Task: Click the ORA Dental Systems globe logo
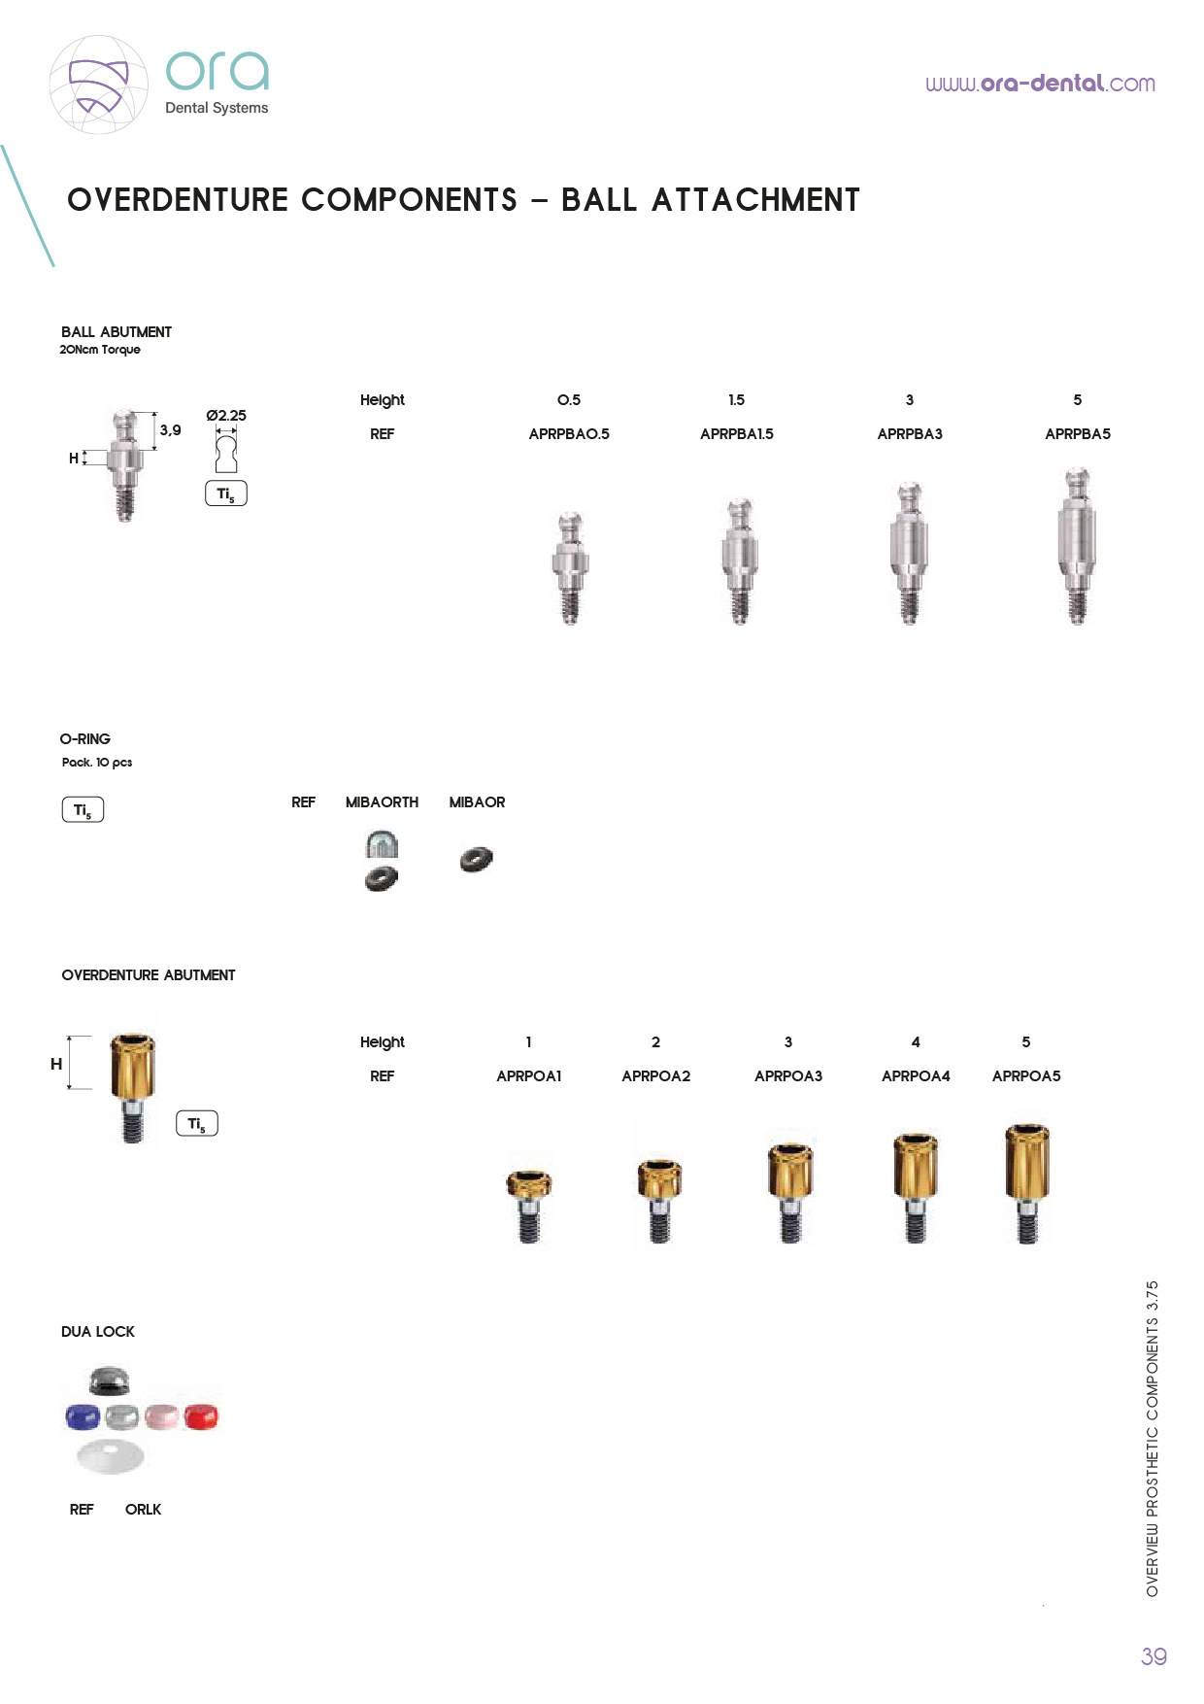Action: coord(99,85)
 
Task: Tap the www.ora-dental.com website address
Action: coord(1040,84)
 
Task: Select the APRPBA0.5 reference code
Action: coord(569,434)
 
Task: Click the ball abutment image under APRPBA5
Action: coord(1077,546)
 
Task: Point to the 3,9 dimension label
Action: coord(170,430)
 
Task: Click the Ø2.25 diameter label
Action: coord(226,416)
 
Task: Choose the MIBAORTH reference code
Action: coord(382,802)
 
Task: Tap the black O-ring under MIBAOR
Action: coord(476,860)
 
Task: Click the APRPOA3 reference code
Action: coord(788,1076)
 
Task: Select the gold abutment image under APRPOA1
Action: coord(529,1206)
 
